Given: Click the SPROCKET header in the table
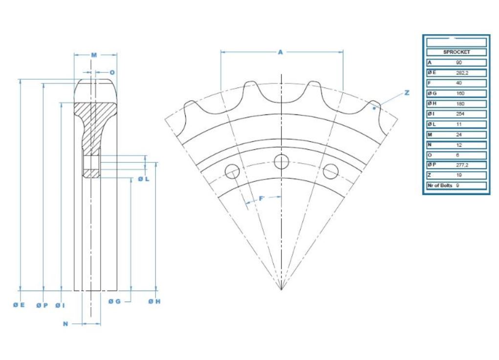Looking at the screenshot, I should [456, 52].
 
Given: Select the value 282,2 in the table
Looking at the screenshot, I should [462, 72].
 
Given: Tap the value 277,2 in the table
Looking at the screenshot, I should [462, 165].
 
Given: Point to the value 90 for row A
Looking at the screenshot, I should [458, 62].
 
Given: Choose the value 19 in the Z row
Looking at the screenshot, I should [458, 175].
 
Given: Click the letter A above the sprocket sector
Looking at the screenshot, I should [281, 52].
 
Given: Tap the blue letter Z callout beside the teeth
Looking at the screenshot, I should [407, 93].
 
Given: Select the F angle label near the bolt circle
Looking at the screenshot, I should [261, 198].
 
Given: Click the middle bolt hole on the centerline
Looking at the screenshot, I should [282, 161].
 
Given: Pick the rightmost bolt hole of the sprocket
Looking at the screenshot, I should [331, 171].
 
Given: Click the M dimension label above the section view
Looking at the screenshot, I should [94, 55].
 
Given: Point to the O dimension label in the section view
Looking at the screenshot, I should [112, 72].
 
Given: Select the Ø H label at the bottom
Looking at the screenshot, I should [154, 301].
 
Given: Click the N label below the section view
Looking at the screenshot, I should [65, 324].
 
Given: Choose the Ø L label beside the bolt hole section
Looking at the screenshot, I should [143, 180].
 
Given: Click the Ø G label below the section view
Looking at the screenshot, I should [114, 301].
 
